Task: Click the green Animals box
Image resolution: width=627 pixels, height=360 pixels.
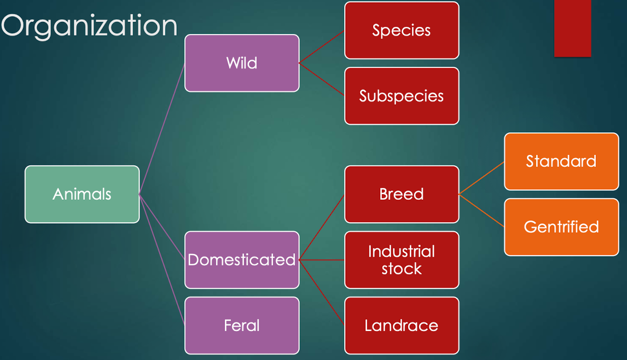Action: [82, 194]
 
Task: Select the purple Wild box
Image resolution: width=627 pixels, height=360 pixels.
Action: [242, 63]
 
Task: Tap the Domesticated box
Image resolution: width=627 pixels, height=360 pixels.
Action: [242, 260]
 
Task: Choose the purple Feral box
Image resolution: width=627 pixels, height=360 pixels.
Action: [242, 326]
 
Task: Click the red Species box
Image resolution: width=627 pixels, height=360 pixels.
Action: [402, 30]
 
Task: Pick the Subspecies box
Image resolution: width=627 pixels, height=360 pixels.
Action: [402, 96]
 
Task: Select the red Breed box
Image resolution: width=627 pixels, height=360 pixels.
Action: [402, 194]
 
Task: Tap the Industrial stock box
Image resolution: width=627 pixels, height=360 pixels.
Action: [402, 260]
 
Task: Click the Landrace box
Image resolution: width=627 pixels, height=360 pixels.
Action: [402, 326]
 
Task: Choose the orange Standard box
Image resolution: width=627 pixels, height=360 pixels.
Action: [561, 161]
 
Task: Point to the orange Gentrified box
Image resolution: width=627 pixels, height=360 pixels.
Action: [561, 227]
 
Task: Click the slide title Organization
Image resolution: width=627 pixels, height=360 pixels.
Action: [89, 26]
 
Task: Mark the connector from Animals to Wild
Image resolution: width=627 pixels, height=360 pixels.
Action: [162, 129]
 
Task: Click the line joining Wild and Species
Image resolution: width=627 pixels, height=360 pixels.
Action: [322, 47]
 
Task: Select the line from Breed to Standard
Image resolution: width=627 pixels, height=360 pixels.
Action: [481, 178]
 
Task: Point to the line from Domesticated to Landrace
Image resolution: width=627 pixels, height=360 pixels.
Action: [322, 293]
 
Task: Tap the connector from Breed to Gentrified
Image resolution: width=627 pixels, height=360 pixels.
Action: [481, 211]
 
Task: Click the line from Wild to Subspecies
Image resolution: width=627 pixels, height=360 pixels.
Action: [322, 79]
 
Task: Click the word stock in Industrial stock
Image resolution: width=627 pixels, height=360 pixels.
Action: [402, 269]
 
